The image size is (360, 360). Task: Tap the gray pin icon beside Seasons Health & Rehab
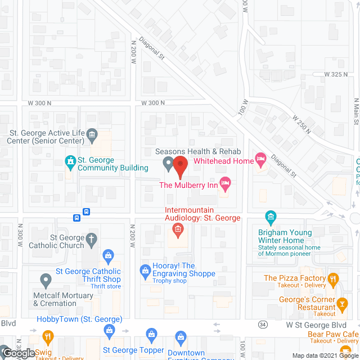(x=168, y=164)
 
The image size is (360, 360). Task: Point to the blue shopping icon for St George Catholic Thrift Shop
(x=109, y=256)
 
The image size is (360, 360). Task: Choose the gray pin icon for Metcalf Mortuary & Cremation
(x=46, y=280)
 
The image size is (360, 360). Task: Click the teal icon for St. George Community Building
(x=70, y=164)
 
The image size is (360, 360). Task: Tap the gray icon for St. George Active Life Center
(x=92, y=134)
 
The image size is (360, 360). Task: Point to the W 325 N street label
(x=337, y=74)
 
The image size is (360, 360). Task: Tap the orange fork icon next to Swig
(x=47, y=337)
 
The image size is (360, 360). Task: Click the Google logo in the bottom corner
(x=18, y=353)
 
